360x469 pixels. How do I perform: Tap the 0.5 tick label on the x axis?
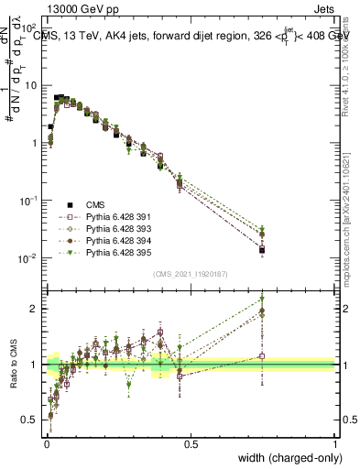pyautogui.click(x=191, y=444)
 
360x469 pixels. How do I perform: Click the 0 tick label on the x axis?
pyautogui.click(x=46, y=444)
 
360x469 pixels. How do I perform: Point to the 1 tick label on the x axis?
pyautogui.click(x=334, y=444)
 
